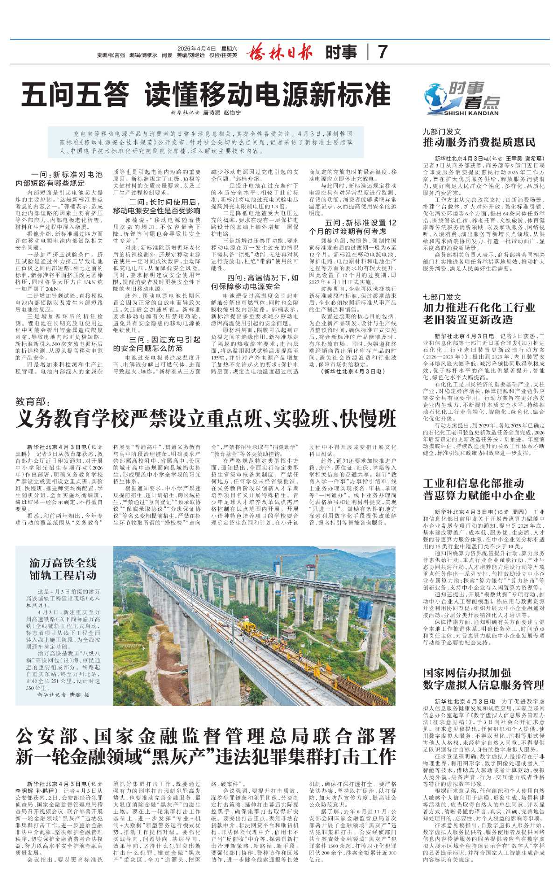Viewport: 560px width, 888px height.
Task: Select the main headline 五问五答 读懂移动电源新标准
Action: pyautogui.click(x=206, y=95)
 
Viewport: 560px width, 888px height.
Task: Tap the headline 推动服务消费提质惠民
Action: pyautogui.click(x=479, y=142)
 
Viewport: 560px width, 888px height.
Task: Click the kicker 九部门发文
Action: pyautogui.click(x=442, y=132)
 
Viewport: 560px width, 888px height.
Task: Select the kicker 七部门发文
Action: pyautogui.click(x=442, y=297)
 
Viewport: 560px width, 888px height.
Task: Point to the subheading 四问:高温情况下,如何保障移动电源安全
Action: pyautogui.click(x=255, y=282)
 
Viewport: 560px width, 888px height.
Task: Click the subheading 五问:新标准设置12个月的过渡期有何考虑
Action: pyautogui.click(x=353, y=227)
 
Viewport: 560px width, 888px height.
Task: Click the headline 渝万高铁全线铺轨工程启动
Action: pyautogui.click(x=63, y=569)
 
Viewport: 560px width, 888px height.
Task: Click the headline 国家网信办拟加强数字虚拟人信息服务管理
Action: pyautogui.click(x=483, y=679)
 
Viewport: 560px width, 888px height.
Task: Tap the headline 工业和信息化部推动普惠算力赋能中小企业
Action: pyautogui.click(x=479, y=489)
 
